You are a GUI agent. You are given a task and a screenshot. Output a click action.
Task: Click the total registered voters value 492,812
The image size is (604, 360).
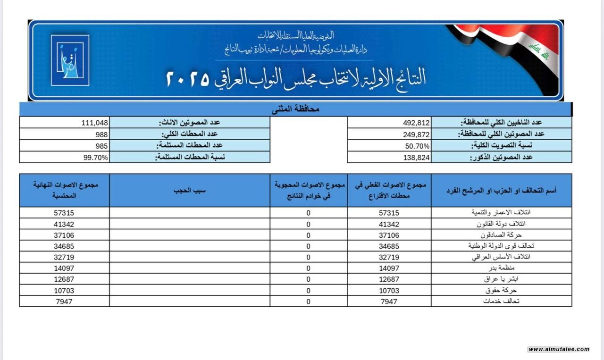click(x=416, y=123)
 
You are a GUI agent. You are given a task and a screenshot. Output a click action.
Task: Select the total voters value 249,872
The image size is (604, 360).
click(x=416, y=134)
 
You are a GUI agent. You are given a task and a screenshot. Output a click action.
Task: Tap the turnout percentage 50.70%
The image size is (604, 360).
click(x=417, y=146)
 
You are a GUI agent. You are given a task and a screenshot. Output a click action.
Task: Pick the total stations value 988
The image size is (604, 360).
click(x=101, y=134)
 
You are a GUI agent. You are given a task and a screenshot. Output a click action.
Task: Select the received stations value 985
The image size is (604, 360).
click(x=101, y=146)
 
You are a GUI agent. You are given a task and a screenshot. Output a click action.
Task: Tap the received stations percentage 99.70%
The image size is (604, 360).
click(x=96, y=158)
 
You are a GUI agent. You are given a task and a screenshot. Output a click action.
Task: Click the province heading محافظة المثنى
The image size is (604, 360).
click(x=295, y=109)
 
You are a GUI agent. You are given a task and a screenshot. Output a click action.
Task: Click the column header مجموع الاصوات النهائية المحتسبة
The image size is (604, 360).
click(x=65, y=190)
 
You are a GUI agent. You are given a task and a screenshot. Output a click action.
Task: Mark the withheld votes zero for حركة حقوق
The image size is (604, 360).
click(x=309, y=290)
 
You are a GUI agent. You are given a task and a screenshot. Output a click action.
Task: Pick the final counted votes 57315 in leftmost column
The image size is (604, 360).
click(x=64, y=213)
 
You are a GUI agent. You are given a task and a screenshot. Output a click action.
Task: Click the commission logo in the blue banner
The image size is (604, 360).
click(x=70, y=60)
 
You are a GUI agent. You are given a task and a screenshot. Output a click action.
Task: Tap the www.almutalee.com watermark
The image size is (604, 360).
click(x=559, y=349)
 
